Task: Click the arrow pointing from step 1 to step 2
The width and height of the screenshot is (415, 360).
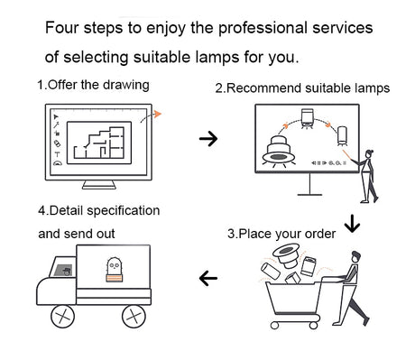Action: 208,139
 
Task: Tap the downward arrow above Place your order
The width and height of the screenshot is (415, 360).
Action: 352,223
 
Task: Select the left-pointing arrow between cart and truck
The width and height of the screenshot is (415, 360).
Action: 208,278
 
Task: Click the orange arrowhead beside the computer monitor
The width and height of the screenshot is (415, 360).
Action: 157,114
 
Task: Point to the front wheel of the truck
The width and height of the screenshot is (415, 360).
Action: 62,317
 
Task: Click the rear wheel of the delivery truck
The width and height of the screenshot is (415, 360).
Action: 134,317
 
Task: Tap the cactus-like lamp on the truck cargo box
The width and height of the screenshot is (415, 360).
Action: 115,270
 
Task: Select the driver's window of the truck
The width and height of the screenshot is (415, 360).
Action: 62,271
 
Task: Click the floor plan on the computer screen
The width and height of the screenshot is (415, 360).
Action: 98,143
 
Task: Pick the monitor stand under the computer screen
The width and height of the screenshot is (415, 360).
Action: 99,185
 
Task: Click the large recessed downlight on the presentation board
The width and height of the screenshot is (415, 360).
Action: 277,151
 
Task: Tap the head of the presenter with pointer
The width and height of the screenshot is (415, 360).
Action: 370,153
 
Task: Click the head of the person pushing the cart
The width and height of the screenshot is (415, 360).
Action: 355,257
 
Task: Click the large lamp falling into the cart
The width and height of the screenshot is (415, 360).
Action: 287,255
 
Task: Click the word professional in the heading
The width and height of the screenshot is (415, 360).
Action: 263,29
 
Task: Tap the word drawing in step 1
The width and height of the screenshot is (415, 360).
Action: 126,86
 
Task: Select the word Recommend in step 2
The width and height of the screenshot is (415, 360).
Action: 263,88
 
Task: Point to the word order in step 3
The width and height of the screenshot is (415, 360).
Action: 320,234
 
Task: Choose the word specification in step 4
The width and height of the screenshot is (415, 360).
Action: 124,211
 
